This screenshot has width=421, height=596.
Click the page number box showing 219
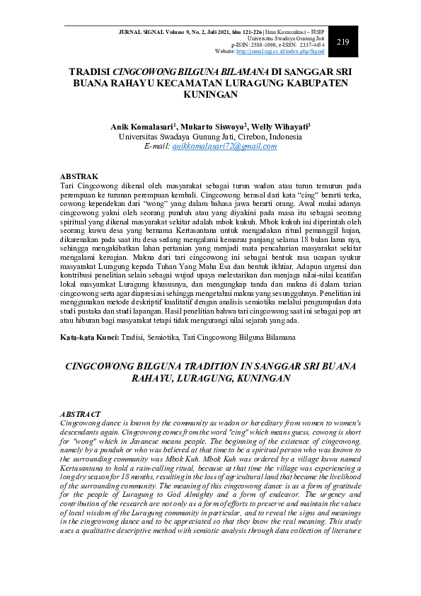(x=343, y=42)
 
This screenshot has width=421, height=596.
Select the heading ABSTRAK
(x=79, y=176)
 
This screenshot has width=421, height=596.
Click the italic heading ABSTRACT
(x=81, y=414)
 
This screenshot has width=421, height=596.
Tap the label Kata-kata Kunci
(x=87, y=338)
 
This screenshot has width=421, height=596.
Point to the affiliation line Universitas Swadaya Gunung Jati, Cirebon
(x=210, y=136)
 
